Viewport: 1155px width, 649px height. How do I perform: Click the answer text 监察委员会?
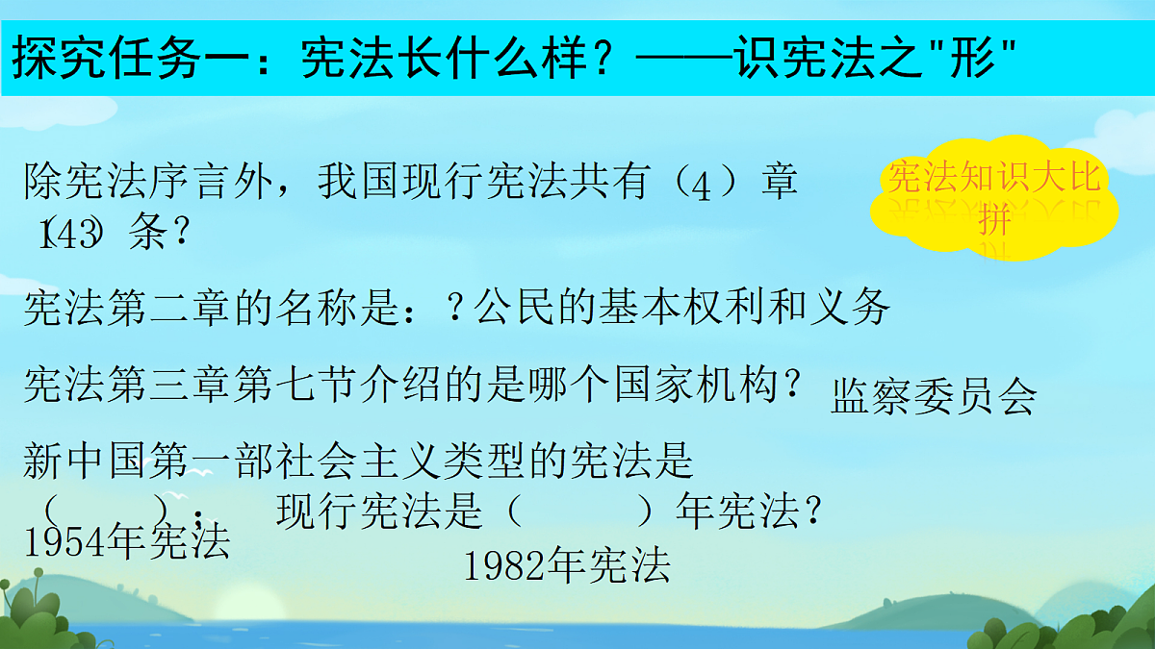tap(933, 396)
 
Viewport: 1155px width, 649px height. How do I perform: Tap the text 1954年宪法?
tap(126, 543)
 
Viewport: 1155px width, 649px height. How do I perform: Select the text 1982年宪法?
tap(566, 566)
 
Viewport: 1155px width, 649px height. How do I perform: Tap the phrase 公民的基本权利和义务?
tap(684, 308)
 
